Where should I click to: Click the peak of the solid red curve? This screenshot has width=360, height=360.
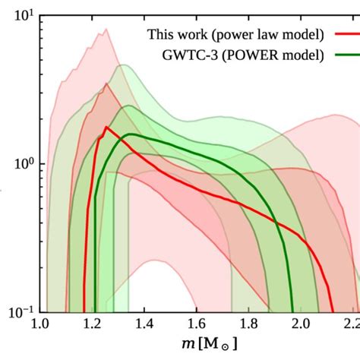pyautogui.click(x=106, y=127)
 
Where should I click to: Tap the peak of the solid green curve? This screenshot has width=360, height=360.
pyautogui.click(x=131, y=134)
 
